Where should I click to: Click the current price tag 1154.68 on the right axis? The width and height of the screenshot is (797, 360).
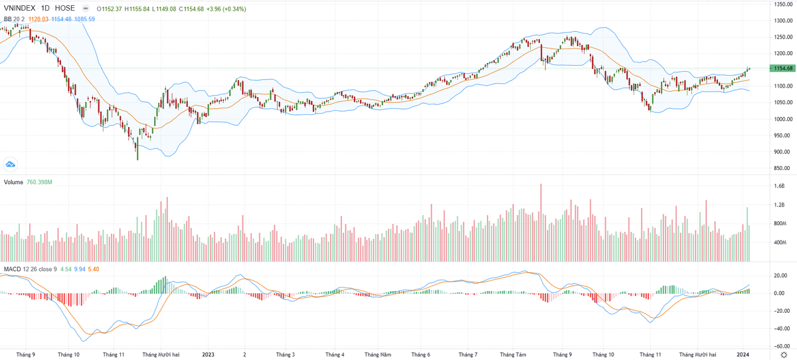780,68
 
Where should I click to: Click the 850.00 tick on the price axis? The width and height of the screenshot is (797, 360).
780,168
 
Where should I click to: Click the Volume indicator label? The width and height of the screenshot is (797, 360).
15,182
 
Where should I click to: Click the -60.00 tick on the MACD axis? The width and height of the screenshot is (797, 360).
780,346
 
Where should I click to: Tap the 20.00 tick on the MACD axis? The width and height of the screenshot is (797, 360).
780,276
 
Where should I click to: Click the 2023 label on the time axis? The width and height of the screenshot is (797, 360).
209,355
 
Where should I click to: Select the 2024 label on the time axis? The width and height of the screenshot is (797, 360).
744,355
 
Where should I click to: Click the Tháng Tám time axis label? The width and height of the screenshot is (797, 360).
513,355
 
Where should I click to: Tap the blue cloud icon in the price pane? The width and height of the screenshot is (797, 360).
11,163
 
